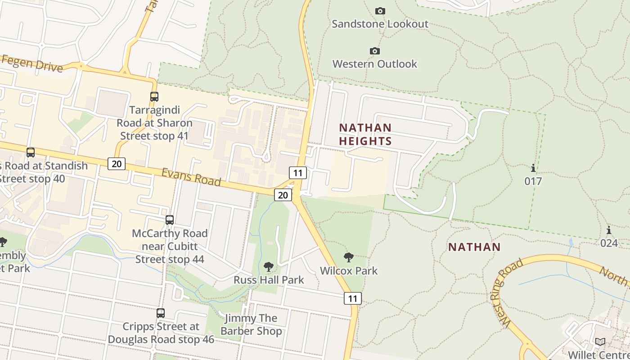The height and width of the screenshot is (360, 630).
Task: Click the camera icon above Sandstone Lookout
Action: (380, 11)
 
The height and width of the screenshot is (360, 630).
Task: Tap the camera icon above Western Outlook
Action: (374, 51)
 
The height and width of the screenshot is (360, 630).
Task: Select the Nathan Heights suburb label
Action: (365, 134)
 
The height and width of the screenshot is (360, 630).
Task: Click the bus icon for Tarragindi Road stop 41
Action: (154, 96)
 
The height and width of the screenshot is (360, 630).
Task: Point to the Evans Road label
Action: (191, 177)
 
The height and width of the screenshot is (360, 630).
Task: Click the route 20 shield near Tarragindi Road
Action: (116, 163)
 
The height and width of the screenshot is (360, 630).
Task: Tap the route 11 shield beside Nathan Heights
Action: (298, 173)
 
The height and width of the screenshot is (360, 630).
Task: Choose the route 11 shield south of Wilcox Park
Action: (353, 298)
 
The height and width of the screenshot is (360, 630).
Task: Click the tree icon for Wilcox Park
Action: (348, 257)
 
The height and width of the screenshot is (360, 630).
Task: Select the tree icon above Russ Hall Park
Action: (269, 266)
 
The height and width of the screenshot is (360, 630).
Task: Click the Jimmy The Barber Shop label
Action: (251, 325)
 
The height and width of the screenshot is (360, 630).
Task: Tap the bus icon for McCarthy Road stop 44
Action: (170, 220)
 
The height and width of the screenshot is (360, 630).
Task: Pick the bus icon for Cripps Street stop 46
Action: (161, 313)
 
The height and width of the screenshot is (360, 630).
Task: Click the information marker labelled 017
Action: (533, 168)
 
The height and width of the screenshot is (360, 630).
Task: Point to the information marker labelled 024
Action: (609, 230)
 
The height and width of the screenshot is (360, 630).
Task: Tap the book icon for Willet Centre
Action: (600, 342)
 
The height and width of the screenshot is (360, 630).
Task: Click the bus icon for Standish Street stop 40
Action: (31, 152)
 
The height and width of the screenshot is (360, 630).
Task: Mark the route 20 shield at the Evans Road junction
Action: (283, 194)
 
